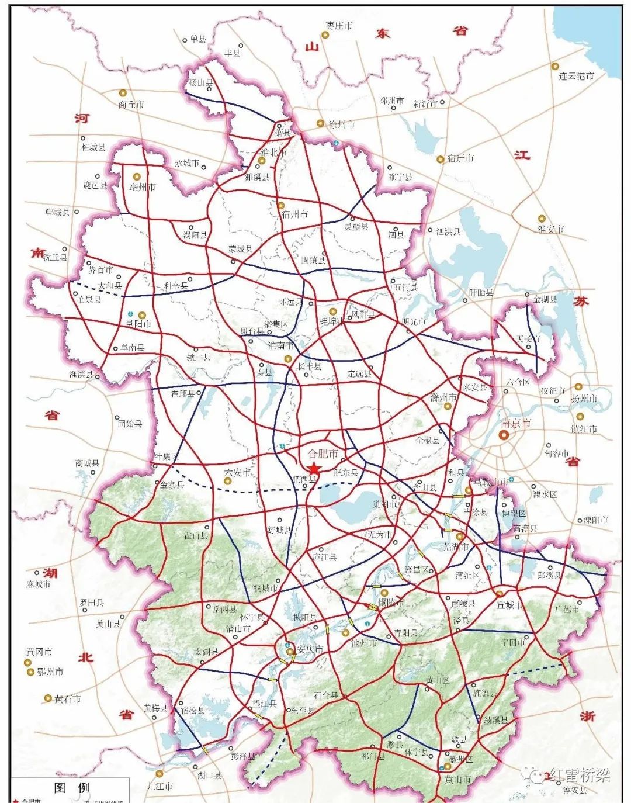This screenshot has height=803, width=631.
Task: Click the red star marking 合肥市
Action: (x=314, y=469)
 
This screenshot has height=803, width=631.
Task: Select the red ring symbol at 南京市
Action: (x=504, y=435)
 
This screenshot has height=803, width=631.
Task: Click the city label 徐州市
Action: (x=341, y=124)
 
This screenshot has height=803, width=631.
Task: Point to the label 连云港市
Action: (x=576, y=76)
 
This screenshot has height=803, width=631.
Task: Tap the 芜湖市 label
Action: (x=456, y=547)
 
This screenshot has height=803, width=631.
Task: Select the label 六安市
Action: (x=238, y=472)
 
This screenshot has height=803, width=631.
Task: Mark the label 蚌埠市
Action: (x=332, y=321)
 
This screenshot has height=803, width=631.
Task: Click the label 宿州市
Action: (x=294, y=214)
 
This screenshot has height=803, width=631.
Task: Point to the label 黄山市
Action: (x=457, y=779)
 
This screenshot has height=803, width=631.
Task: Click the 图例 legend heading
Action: (x=72, y=787)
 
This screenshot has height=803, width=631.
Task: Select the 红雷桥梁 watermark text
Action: (x=578, y=775)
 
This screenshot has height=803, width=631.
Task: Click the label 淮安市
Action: (x=551, y=229)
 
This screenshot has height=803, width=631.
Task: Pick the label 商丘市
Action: (x=131, y=105)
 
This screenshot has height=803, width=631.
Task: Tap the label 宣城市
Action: (x=509, y=605)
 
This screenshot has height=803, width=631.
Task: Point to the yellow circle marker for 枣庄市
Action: (x=325, y=35)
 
